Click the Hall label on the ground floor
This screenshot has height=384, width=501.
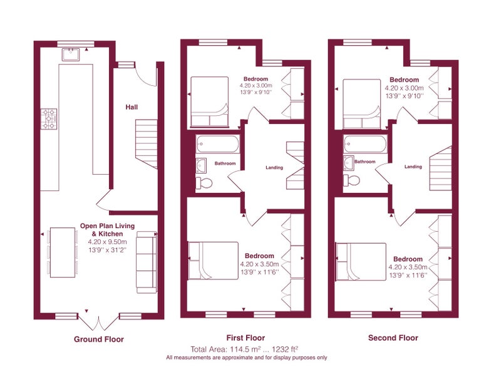click(x=132, y=107)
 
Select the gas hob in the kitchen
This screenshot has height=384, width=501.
click(x=49, y=119)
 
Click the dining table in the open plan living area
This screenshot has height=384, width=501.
click(x=63, y=252)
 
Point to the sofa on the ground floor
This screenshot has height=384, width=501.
click(x=147, y=262)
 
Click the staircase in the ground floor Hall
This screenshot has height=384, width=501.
click(x=147, y=144)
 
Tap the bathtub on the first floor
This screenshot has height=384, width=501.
click(x=217, y=144)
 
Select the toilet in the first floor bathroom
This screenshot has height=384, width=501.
click(x=204, y=183)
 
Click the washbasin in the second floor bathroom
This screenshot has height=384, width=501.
click(x=349, y=162)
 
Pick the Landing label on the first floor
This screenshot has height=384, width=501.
click(x=274, y=167)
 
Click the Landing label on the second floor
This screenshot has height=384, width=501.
click(x=413, y=167)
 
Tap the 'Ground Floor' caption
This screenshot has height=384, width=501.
click(x=99, y=340)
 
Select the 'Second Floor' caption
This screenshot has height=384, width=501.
click(x=393, y=338)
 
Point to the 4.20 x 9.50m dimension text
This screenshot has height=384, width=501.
click(x=107, y=242)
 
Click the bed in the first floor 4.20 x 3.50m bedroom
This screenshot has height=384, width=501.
click(x=214, y=261)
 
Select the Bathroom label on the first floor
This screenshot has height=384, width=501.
click(x=225, y=163)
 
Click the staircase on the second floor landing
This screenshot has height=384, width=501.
click(x=440, y=168)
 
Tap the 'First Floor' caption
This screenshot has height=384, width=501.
click(x=245, y=338)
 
